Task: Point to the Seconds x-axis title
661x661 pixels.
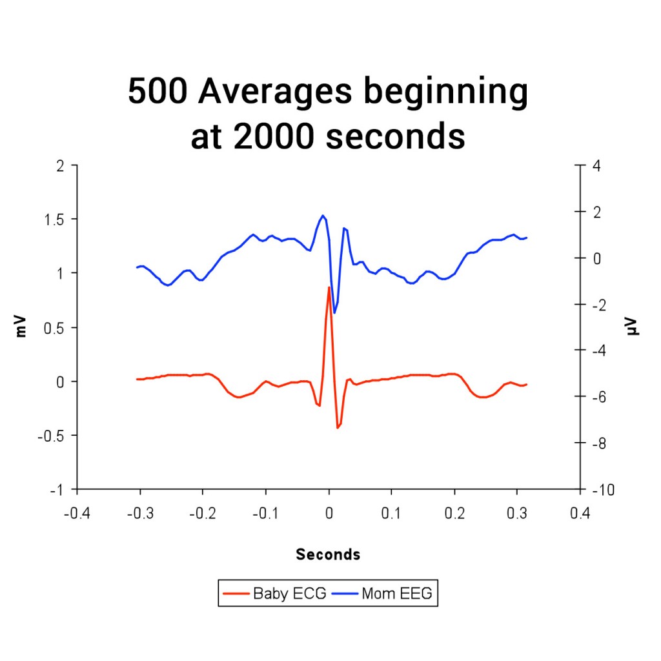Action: click(328, 554)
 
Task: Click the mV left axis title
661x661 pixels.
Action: click(22, 327)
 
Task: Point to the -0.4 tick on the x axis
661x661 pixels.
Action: click(77, 513)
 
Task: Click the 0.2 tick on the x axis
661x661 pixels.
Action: click(454, 513)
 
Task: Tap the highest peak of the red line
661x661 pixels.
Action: click(329, 288)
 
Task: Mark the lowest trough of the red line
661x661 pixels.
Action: click(338, 427)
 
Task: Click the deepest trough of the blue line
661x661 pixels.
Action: click(334, 312)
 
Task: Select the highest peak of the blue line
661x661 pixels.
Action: click(323, 216)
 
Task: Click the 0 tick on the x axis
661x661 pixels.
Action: click(329, 513)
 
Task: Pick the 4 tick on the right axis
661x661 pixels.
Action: click(597, 165)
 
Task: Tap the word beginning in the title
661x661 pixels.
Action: click(445, 92)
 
